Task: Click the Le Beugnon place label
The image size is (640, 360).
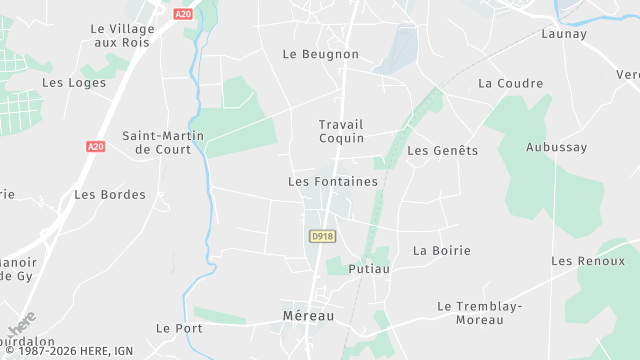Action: click(320, 54)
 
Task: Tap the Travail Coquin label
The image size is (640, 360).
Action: click(341, 131)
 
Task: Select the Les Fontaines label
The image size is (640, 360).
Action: click(333, 182)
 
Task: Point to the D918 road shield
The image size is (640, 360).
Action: click(322, 236)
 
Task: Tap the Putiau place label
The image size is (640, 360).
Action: click(368, 269)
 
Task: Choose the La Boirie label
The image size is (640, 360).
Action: click(441, 250)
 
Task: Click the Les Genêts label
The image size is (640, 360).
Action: click(443, 151)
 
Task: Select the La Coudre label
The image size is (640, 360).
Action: click(510, 83)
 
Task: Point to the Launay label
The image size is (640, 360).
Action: click(563, 33)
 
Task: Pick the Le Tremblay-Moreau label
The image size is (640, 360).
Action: click(480, 312)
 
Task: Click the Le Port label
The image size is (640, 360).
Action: click(179, 328)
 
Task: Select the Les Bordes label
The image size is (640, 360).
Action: click(110, 194)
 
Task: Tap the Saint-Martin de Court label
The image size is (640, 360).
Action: click(163, 142)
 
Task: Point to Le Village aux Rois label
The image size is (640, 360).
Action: click(119, 37)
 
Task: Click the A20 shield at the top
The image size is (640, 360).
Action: click(182, 14)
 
